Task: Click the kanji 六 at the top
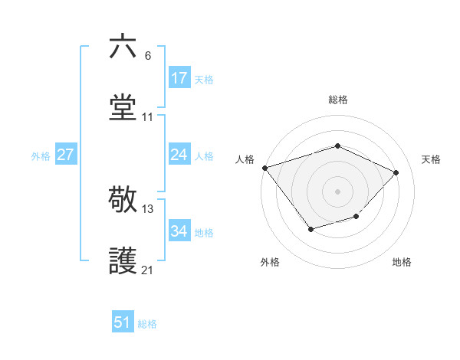coord(123,47)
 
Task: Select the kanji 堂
coord(123,108)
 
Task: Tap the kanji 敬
coord(123,200)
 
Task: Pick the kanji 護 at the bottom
coord(123,261)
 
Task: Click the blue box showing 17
coord(179,78)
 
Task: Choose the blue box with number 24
coord(179,155)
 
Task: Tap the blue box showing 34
coord(179,231)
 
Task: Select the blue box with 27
coord(66,155)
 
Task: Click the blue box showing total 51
coord(123,322)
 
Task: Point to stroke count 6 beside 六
coord(148,55)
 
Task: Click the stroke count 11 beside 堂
coord(148,117)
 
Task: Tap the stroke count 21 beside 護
coord(148,270)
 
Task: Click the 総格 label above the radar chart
coord(337,100)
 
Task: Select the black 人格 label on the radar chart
coord(245,159)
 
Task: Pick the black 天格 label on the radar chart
coord(431,159)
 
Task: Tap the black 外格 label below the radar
coord(270,262)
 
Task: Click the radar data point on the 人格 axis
coord(264,167)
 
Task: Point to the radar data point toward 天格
coord(396,172)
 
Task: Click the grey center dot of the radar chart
coord(337,191)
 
